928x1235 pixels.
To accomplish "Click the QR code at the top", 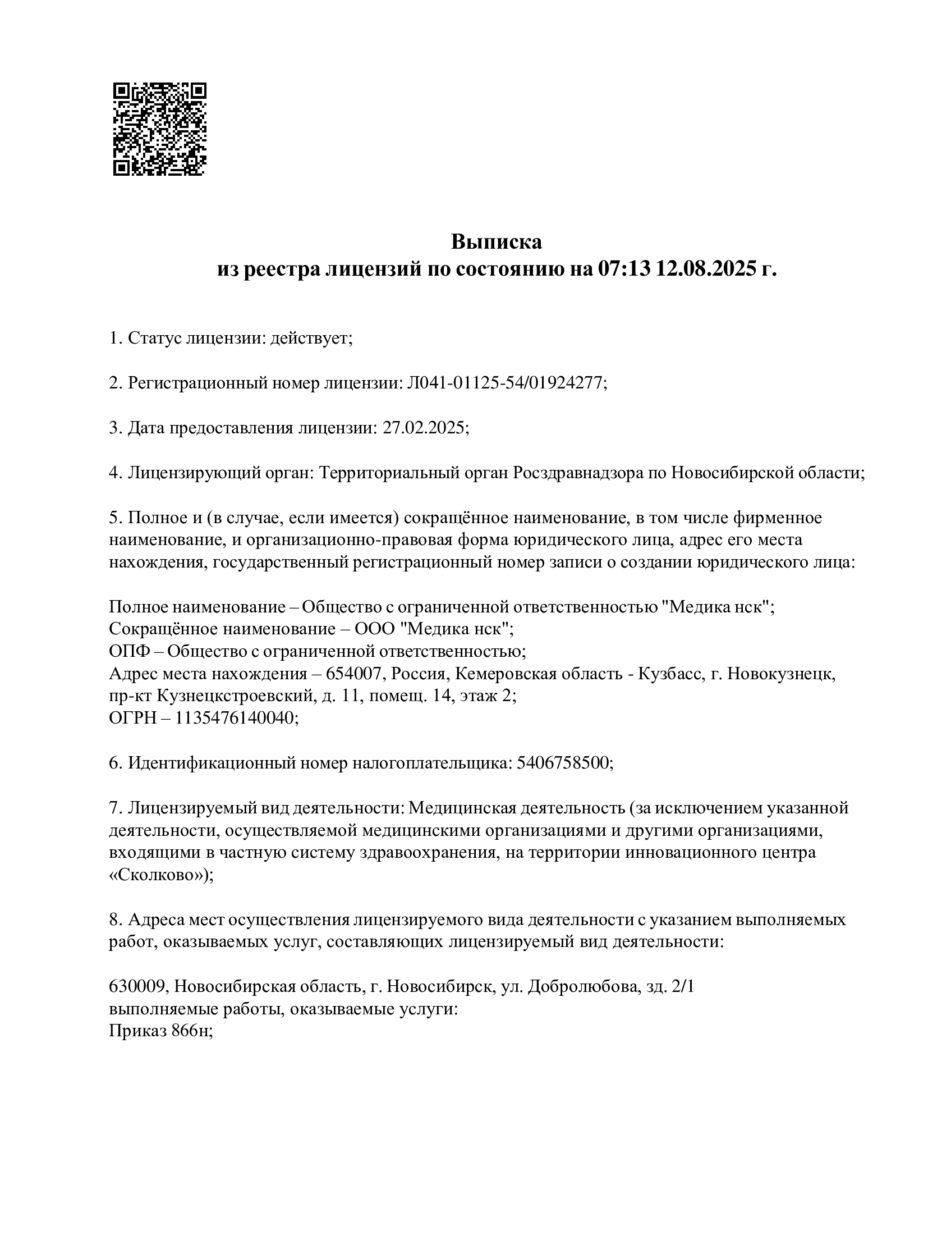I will click(x=159, y=129).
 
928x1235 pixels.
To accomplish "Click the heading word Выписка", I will click(x=497, y=242).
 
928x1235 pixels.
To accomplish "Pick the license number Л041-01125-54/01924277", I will click(x=506, y=383).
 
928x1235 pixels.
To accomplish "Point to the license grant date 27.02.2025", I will click(x=424, y=428).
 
